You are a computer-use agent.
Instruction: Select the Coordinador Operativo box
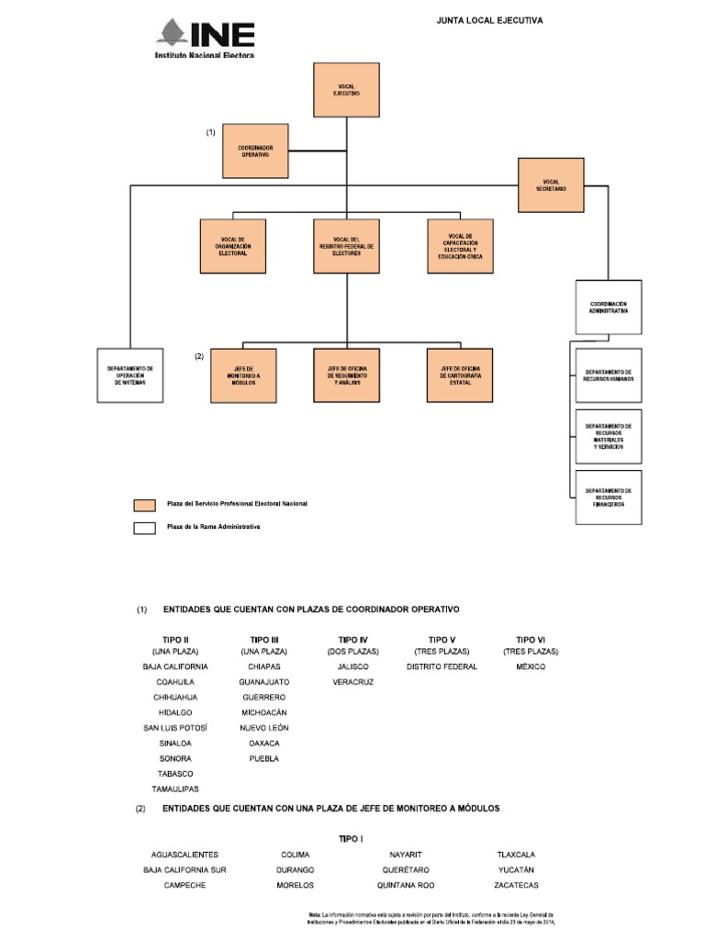pyautogui.click(x=255, y=151)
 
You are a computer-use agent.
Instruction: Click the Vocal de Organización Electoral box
pyautogui.click(x=233, y=246)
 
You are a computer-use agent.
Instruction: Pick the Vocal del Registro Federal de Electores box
pyautogui.click(x=347, y=246)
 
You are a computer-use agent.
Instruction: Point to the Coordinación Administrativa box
pyautogui.click(x=609, y=307)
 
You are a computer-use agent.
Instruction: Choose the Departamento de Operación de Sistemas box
pyautogui.click(x=130, y=375)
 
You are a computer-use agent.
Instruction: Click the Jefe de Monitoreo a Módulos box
pyautogui.click(x=243, y=375)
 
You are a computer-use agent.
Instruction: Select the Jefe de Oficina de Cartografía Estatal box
pyautogui.click(x=460, y=375)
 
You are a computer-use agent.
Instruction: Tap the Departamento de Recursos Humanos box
pyautogui.click(x=609, y=375)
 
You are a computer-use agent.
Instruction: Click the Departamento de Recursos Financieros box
pyautogui.click(x=609, y=497)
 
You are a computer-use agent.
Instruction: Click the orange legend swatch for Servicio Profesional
pyautogui.click(x=144, y=505)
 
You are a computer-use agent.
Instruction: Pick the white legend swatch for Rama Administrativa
pyautogui.click(x=144, y=528)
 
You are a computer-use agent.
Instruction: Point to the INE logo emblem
pyautogui.click(x=172, y=33)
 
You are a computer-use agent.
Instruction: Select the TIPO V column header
pyautogui.click(x=442, y=639)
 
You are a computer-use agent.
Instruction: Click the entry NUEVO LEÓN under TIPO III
pyautogui.click(x=264, y=727)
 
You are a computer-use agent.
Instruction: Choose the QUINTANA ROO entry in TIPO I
pyautogui.click(x=405, y=885)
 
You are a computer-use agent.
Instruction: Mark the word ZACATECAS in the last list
pyautogui.click(x=515, y=885)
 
